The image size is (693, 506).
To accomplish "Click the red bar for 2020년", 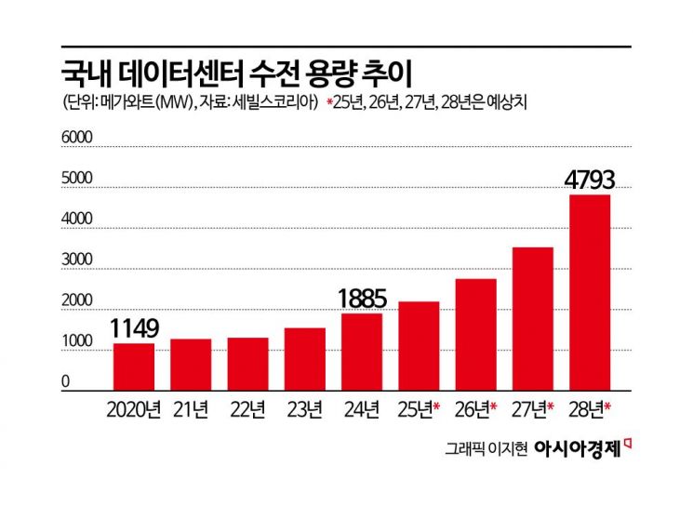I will [x=134, y=366].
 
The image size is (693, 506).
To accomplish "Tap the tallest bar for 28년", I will [x=589, y=291].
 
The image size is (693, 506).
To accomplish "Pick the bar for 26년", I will [x=475, y=333].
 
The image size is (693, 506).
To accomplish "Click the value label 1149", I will [x=135, y=328].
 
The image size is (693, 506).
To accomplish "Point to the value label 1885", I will [x=363, y=299].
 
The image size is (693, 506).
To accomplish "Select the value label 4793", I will [x=590, y=178].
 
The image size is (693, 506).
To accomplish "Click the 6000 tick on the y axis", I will [x=78, y=137].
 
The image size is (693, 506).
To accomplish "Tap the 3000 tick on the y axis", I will [x=78, y=260].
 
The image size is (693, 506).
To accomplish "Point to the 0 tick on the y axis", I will [x=66, y=382].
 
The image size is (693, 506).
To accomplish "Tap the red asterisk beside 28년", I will [x=608, y=406].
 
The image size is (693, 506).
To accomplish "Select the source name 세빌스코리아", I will [x=283, y=100].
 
